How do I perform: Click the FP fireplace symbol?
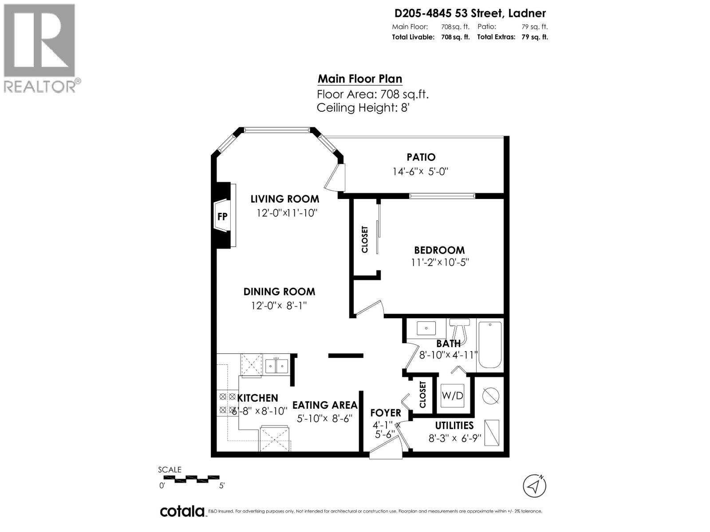pos(222,216)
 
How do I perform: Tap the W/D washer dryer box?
pos(452,395)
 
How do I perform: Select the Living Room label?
pos(284,199)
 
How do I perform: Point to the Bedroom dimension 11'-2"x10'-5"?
pos(440,262)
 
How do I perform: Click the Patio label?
pos(421,157)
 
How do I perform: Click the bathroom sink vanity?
pos(426,329)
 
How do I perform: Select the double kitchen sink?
pos(276,366)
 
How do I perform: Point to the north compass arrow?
pos(535,486)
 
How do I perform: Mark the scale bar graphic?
pos(191,479)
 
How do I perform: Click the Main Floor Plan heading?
pos(360,79)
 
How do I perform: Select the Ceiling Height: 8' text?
pos(363,108)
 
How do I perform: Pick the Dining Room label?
pos(279,292)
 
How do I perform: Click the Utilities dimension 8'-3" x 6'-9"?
pos(454,438)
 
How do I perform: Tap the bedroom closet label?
pos(365,239)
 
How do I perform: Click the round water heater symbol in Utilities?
pos(491,394)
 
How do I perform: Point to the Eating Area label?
pos(324,405)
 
